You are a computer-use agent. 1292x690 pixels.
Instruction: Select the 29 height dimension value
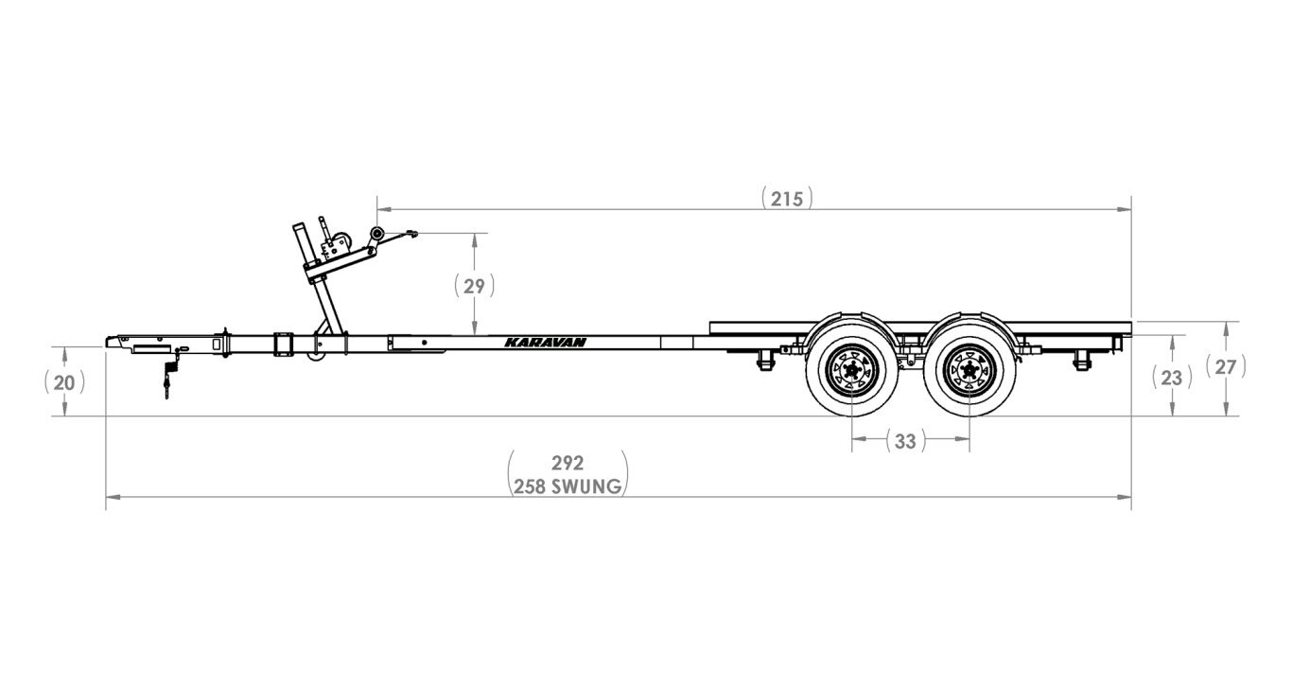pos(474,285)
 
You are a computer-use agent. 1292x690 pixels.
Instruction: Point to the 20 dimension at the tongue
pos(63,381)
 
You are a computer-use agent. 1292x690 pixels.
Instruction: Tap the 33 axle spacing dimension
pos(904,440)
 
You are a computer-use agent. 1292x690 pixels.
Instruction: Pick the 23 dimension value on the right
pos(1171,377)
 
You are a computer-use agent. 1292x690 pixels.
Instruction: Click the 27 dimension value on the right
pos(1225,367)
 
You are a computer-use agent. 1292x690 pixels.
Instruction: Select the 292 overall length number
pos(567,463)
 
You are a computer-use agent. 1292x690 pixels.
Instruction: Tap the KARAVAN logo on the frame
pos(544,344)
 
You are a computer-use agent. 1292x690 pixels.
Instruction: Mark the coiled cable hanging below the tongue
pos(169,376)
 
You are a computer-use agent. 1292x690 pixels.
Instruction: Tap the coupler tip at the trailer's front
pos(112,341)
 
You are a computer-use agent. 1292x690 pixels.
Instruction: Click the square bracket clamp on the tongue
pos(283,344)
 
